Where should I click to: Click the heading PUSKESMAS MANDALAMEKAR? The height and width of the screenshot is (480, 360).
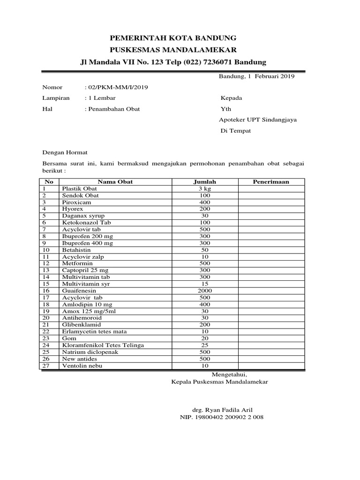[x=173, y=50]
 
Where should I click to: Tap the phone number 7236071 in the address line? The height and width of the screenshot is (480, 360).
[x=217, y=62]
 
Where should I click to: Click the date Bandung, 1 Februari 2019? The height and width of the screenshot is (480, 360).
[x=256, y=76]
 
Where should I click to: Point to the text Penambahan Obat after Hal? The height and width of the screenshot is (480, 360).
[x=113, y=109]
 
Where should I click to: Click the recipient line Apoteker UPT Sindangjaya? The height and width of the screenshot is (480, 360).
[x=258, y=120]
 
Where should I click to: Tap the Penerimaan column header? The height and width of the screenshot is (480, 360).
[x=271, y=181]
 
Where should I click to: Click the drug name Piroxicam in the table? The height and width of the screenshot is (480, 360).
[x=76, y=202]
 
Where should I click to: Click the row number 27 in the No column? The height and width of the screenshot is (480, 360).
[x=45, y=366]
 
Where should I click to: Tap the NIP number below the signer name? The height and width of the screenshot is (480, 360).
[x=222, y=417]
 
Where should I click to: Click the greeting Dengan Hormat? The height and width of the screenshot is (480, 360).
[x=65, y=152]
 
